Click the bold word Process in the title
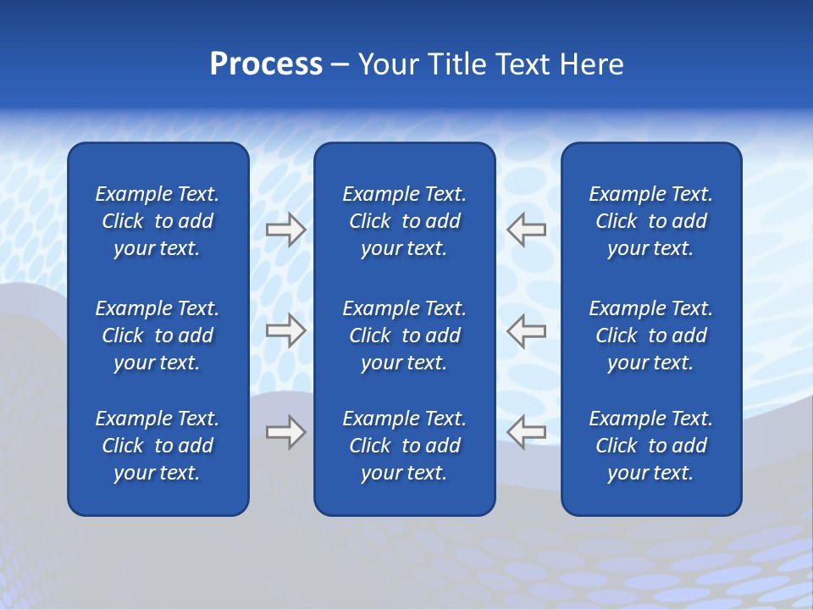[266, 64]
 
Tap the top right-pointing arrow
[286, 230]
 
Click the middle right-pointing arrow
[286, 330]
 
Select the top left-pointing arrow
[526, 230]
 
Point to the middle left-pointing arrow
[526, 330]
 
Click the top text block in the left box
[158, 221]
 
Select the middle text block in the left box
[158, 335]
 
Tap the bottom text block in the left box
[158, 446]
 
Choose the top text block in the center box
[404, 221]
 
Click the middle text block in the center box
[404, 335]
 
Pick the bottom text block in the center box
[404, 446]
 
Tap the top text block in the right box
[650, 221]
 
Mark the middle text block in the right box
[650, 335]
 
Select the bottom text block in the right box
[650, 446]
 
